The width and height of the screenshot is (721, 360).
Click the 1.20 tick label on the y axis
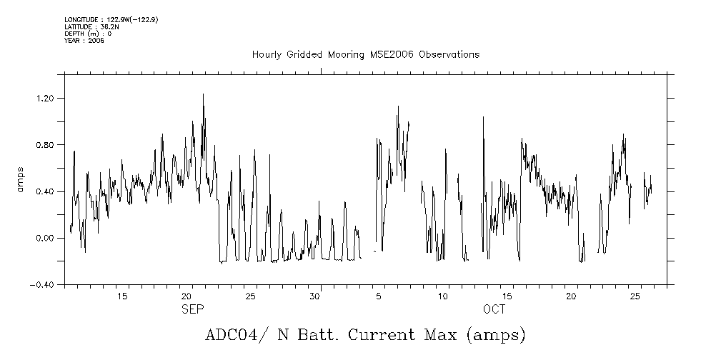click(45, 98)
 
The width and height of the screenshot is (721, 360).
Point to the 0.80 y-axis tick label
click(45, 145)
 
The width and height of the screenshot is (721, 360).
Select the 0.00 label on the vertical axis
click(45, 238)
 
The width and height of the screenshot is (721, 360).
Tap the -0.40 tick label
click(42, 284)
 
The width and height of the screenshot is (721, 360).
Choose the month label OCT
click(494, 309)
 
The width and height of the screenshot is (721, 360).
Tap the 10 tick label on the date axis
click(443, 296)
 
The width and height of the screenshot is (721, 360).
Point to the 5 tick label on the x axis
click(379, 296)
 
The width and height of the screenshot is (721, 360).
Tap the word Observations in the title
click(449, 55)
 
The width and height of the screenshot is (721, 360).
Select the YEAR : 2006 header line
click(84, 41)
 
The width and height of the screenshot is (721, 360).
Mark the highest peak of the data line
click(203, 94)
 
